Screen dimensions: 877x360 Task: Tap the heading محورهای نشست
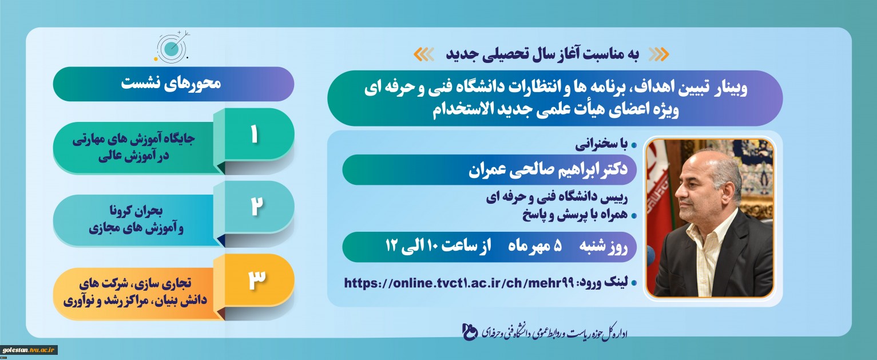171,84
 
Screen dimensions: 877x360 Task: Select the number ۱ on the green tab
254,134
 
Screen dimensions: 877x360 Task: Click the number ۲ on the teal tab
256,207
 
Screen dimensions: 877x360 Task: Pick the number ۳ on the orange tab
257,279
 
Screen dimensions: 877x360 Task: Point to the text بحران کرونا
136,211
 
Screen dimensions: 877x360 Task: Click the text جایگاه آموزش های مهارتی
133,139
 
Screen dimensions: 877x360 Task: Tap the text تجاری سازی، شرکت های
136,283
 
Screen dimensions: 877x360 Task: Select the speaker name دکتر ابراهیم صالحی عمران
548,169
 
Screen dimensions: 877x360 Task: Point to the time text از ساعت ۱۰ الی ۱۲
438,247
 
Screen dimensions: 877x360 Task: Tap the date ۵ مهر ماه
535,247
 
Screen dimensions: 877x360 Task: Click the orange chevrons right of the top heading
658,54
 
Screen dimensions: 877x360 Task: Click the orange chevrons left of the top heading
424,54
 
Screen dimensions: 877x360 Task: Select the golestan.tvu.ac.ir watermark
29,350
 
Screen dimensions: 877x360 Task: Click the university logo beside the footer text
470,332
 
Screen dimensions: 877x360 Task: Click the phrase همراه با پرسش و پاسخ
575,215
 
